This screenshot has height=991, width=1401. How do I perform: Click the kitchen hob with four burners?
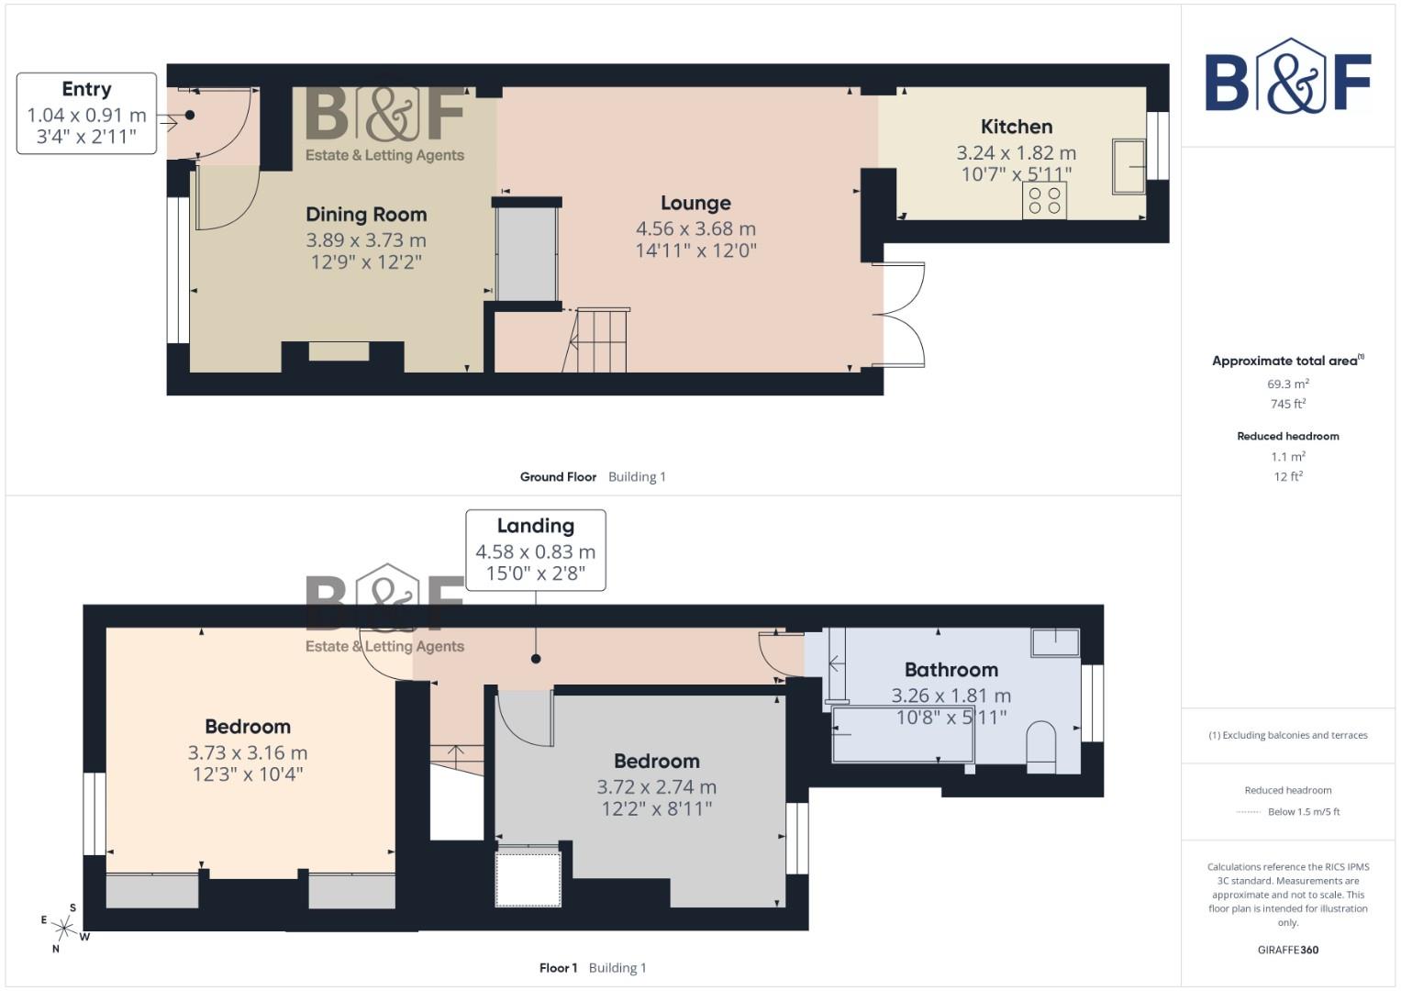point(1044,201)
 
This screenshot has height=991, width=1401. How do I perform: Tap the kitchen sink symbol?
point(1129,166)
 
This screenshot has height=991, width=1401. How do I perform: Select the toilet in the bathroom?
point(1041,741)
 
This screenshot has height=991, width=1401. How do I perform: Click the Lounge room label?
point(695,204)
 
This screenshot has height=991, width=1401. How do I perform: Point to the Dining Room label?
point(366,215)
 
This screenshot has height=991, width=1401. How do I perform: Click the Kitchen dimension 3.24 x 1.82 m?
point(1016,153)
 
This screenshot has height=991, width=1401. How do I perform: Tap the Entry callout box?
point(86,114)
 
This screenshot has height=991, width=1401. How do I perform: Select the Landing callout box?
point(536,550)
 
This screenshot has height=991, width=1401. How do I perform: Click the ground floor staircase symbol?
point(597,341)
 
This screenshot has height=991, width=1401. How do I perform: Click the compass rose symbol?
point(64,928)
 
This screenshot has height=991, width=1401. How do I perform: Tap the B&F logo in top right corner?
point(1288,76)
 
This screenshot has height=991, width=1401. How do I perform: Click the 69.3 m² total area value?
point(1288,384)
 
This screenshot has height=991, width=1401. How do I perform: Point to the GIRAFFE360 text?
point(1288,950)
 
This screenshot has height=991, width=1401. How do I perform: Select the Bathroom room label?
point(951,670)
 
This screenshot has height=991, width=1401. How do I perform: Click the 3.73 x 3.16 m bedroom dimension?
point(248,752)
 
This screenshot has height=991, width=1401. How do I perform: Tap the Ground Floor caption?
point(558,477)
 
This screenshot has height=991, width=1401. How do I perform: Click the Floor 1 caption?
point(558,968)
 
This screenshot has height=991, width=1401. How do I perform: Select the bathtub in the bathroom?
point(903,734)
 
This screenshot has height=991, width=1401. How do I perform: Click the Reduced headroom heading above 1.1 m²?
point(1288,437)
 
